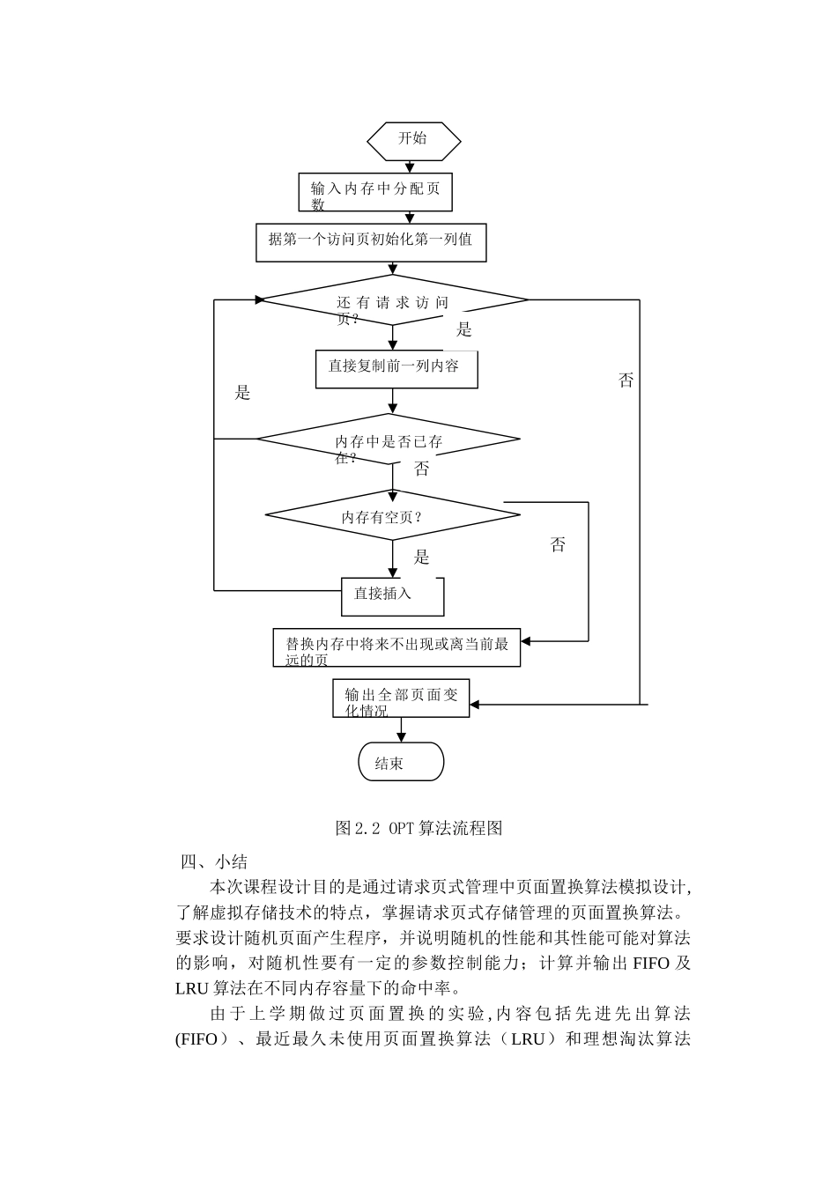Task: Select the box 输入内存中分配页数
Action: click(376, 193)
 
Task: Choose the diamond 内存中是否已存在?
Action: click(389, 440)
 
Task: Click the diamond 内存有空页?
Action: click(392, 515)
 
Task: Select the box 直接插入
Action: click(392, 595)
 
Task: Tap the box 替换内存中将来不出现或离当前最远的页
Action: click(396, 647)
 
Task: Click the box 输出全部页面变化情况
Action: click(401, 698)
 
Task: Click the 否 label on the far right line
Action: click(626, 380)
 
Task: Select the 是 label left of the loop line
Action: click(243, 393)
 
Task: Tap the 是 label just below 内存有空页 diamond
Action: click(422, 557)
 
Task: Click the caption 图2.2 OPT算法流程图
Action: click(418, 828)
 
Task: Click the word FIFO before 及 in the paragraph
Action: click(651, 963)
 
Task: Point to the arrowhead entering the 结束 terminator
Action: click(402, 738)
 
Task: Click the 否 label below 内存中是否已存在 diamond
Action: click(422, 469)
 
